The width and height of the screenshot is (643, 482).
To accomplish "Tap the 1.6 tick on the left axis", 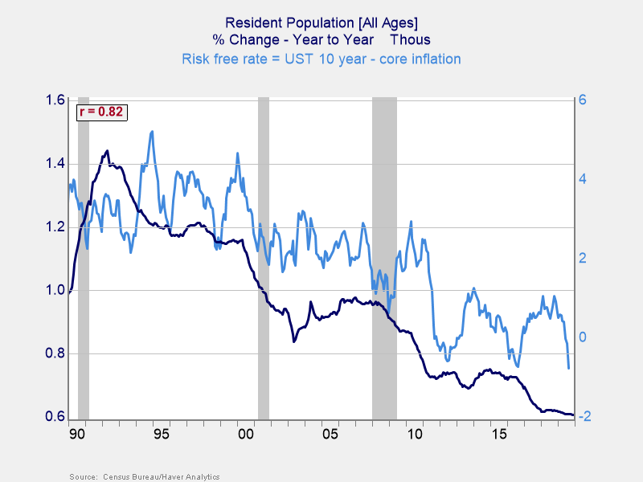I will pyautogui.click(x=55, y=100).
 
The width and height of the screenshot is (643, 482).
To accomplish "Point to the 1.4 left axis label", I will pyautogui.click(x=55, y=164).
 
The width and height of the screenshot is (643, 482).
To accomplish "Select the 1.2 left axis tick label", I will pyautogui.click(x=55, y=227).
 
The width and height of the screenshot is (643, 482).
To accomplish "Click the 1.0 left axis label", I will pyautogui.click(x=55, y=290).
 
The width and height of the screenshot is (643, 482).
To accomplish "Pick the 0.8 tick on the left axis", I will pyautogui.click(x=55, y=353).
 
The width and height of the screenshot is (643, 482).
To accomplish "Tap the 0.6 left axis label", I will pyautogui.click(x=55, y=417).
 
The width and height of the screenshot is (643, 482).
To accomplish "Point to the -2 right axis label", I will pyautogui.click(x=584, y=417).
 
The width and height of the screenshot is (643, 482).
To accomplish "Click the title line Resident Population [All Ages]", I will pyautogui.click(x=321, y=22).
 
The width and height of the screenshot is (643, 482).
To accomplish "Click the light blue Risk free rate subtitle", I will pyautogui.click(x=321, y=59).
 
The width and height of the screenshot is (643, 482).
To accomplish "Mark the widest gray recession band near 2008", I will pyautogui.click(x=384, y=257).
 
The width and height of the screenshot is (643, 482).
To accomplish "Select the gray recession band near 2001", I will pyautogui.click(x=263, y=257).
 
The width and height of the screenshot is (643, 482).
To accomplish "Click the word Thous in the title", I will pyautogui.click(x=411, y=40).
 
